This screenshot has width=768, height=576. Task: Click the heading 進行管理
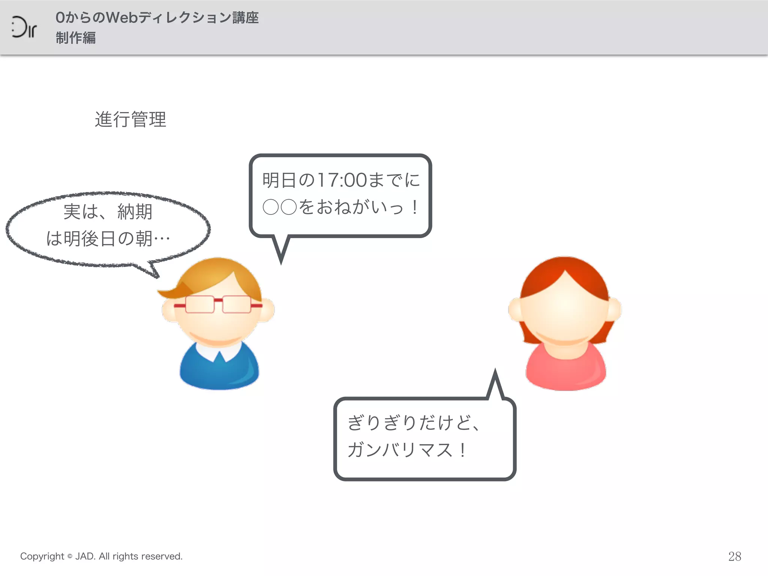[x=130, y=120]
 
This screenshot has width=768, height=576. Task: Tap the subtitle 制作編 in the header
[x=76, y=38]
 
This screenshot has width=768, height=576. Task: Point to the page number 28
[x=735, y=556]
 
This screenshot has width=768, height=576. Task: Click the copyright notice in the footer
[x=101, y=556]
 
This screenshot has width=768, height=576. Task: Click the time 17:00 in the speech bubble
[x=342, y=180]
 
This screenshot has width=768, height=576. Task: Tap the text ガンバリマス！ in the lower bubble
[x=407, y=450]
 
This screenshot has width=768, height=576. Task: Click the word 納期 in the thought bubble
[x=135, y=212]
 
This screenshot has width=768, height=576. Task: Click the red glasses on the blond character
[x=218, y=304]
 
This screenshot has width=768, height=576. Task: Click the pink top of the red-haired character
[x=565, y=369]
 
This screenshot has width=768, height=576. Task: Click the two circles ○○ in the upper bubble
[x=280, y=207]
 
